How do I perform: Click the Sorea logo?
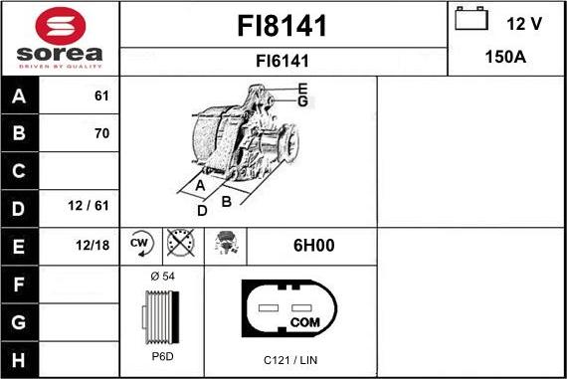tap(60, 38)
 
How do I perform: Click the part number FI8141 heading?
tap(283, 24)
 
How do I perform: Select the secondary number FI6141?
tap(283, 61)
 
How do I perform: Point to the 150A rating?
tap(505, 58)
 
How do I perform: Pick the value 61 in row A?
tap(100, 96)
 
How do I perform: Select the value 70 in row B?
tap(100, 133)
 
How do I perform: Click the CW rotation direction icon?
tap(140, 244)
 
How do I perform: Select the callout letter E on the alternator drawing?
tap(302, 89)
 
